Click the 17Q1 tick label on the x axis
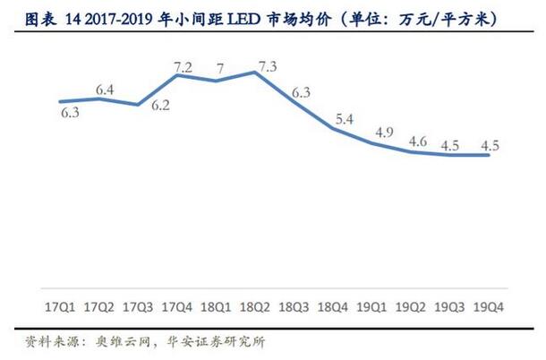pyautogui.click(x=60, y=306)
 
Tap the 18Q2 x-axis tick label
pyautogui.click(x=255, y=306)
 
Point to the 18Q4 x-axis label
pyautogui.click(x=333, y=306)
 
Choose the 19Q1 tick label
pyautogui.click(x=372, y=306)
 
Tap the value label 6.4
pyautogui.click(x=104, y=89)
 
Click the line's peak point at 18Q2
pyautogui.click(x=255, y=72)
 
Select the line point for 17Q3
pyautogui.click(x=138, y=105)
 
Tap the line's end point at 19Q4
pyautogui.click(x=490, y=155)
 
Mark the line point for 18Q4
pyautogui.click(x=333, y=128)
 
